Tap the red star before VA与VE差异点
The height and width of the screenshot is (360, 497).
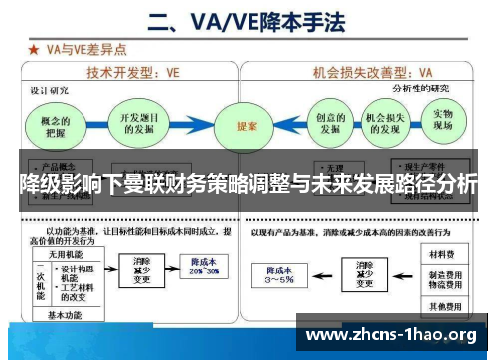(32, 47)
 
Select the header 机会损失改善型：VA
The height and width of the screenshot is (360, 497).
(374, 72)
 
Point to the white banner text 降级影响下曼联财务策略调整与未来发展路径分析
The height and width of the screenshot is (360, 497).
(248, 184)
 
